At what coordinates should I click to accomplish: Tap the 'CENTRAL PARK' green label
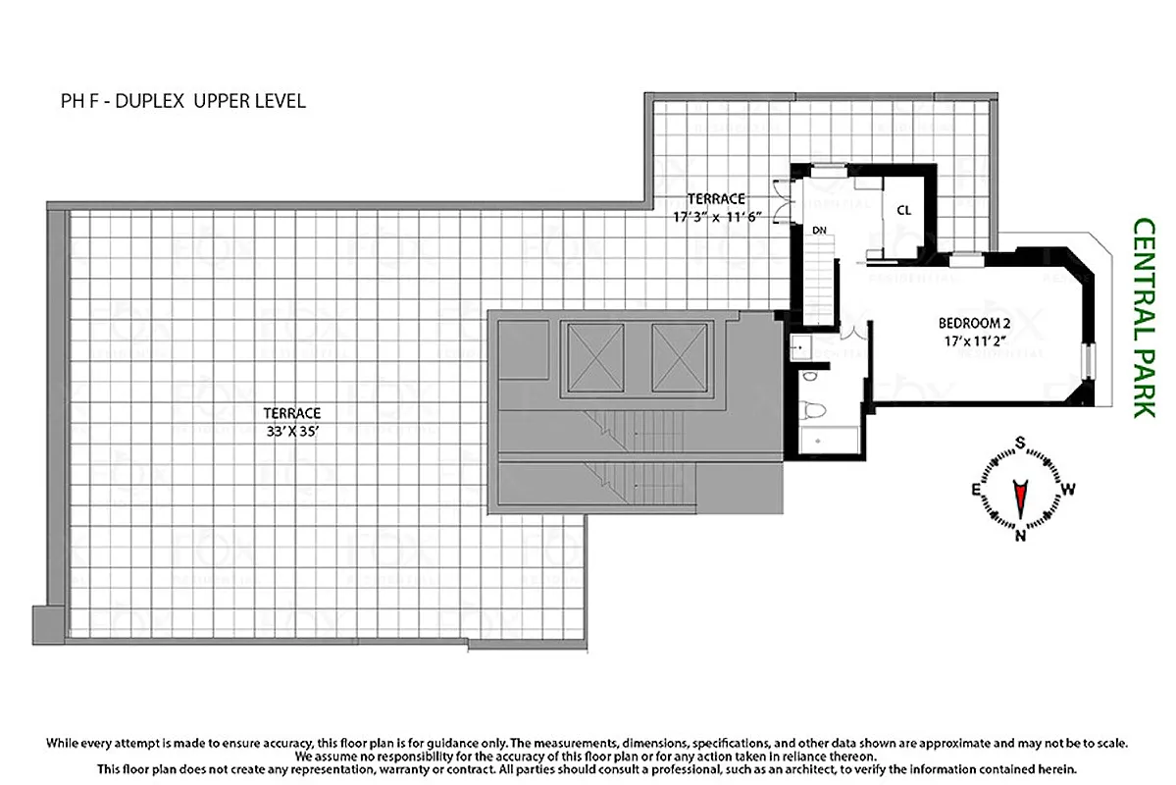pyautogui.click(x=1143, y=318)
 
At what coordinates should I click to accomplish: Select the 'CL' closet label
pyautogui.click(x=903, y=210)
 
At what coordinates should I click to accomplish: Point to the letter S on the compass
pyautogui.click(x=1020, y=444)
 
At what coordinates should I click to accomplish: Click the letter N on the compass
pyautogui.click(x=1020, y=535)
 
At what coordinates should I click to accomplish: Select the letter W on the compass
pyautogui.click(x=1069, y=489)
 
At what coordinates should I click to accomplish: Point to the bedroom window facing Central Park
pyautogui.click(x=1086, y=360)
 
